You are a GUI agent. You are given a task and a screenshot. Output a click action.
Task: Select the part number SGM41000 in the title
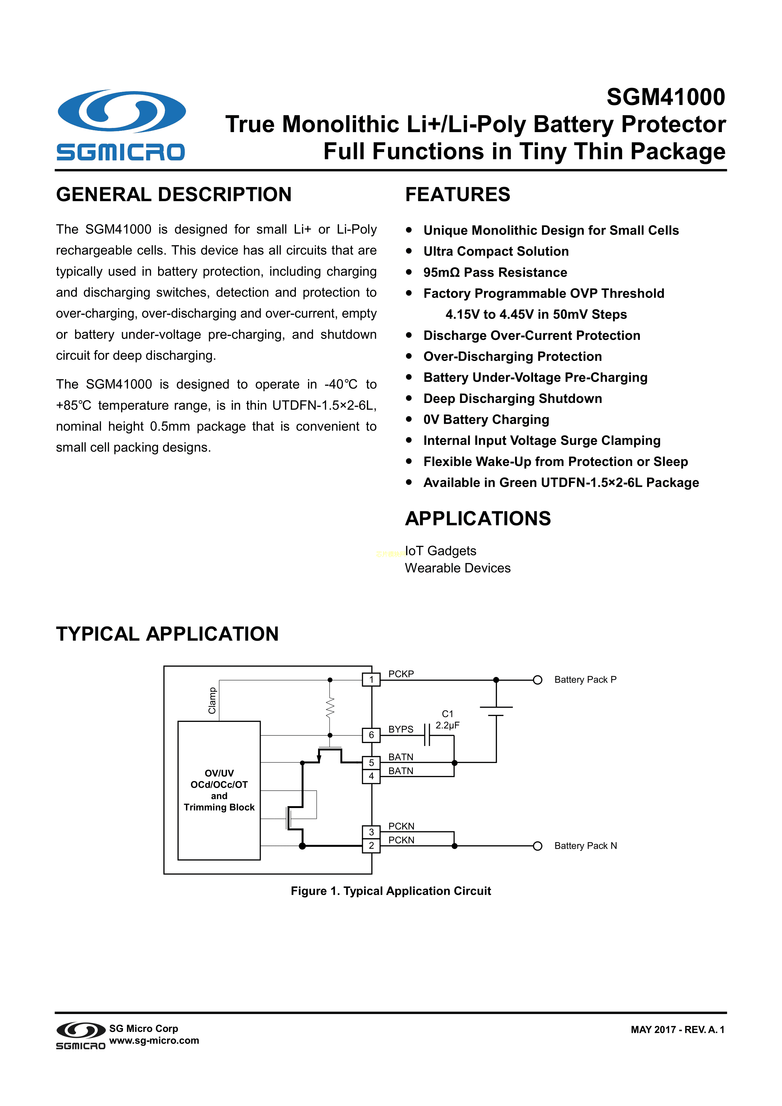pos(665,97)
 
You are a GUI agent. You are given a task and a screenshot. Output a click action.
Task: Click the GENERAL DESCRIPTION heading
pos(174,195)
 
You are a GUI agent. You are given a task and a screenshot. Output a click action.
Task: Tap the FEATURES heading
pos(457,195)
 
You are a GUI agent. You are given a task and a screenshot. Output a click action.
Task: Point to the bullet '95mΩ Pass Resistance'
pos(495,273)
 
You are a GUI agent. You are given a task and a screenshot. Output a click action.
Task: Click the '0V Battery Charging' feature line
pos(486,420)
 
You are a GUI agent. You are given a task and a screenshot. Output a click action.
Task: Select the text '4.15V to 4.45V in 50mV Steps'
pos(536,315)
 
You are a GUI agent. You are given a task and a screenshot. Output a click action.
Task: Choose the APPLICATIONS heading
pos(478,519)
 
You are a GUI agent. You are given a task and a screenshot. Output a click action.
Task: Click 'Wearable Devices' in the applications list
pos(457,568)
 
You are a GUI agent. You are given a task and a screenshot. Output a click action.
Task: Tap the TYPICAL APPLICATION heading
pos(167,634)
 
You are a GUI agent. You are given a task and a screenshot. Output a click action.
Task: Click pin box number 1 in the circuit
pos(371,680)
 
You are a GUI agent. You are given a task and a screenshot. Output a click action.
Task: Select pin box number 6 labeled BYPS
pos(371,735)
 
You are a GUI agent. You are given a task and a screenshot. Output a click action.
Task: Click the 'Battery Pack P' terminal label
pos(585,680)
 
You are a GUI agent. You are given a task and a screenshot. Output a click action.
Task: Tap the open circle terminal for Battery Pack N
pos(538,846)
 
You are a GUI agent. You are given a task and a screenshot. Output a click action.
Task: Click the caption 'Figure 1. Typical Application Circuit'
pos(391,891)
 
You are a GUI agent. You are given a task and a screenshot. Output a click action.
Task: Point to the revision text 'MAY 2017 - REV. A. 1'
pos(677,1030)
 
